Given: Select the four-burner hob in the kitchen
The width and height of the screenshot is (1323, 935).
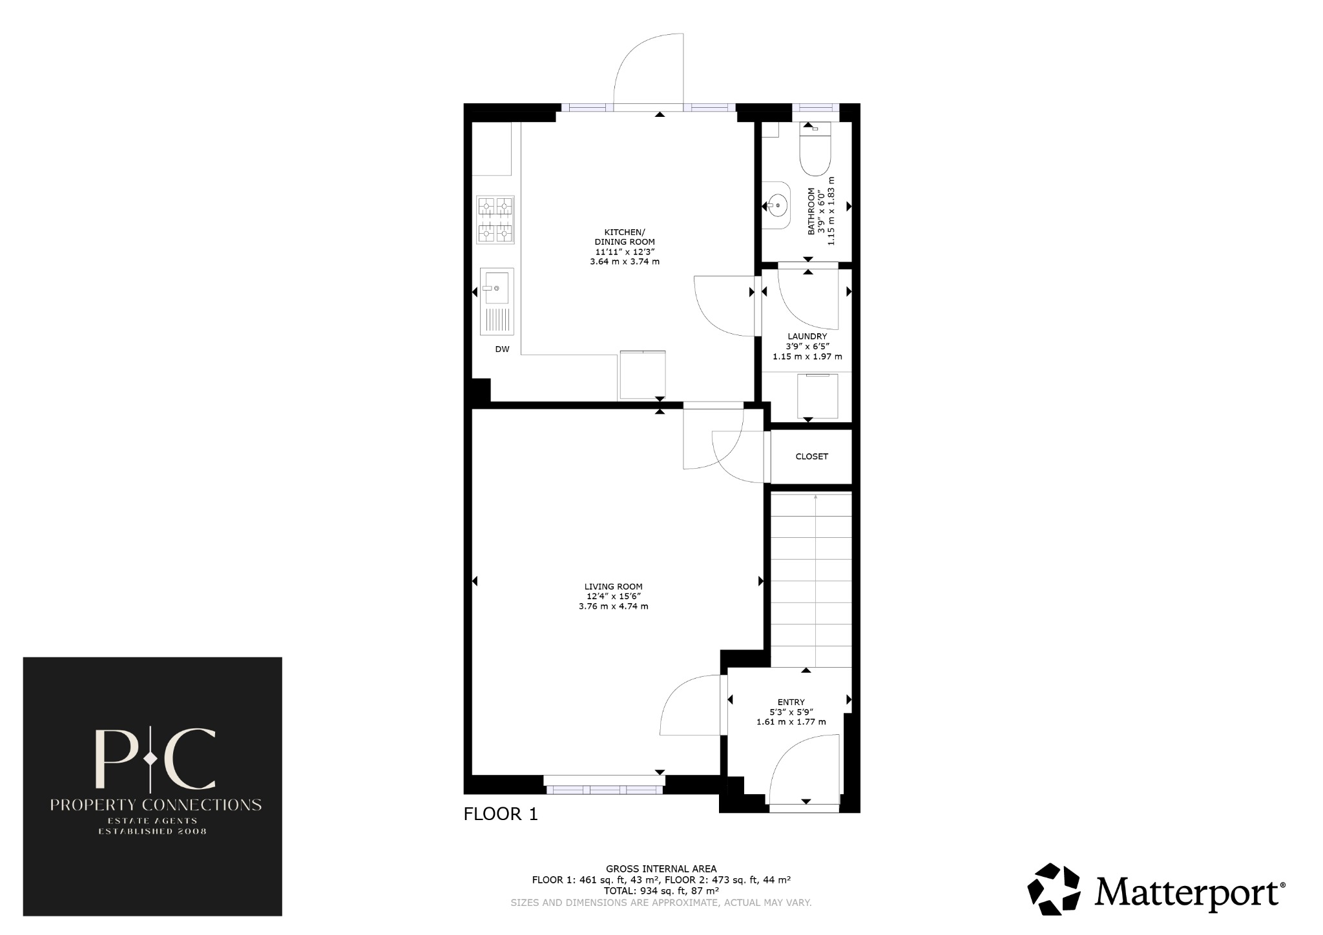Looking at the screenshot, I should [x=495, y=220].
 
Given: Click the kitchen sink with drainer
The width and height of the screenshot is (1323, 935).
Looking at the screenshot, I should [x=497, y=301].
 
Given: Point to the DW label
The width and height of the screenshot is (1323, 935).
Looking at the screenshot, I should [x=502, y=349].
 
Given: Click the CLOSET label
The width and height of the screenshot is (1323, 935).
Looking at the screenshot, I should [x=811, y=457].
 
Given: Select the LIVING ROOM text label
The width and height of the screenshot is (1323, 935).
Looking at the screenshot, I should [x=613, y=586].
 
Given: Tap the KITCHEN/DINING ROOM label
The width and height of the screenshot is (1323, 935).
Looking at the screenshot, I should [x=624, y=237].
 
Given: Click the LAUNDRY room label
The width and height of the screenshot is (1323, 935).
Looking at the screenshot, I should [x=807, y=336].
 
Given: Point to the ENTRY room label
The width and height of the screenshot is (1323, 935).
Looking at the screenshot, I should [x=791, y=703].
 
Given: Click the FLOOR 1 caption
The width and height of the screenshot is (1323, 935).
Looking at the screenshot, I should [x=501, y=814].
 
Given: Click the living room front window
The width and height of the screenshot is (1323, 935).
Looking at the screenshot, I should [x=605, y=789].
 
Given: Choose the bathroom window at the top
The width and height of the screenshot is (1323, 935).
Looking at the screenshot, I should [x=815, y=108].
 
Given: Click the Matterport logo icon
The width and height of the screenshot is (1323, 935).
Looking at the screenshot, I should [x=1054, y=889].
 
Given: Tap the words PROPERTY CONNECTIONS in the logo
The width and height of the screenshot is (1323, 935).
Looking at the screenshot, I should [x=156, y=805].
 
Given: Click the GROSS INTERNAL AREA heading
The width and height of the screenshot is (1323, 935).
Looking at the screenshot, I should [x=661, y=868].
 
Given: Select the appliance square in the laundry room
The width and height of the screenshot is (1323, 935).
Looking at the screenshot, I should [x=817, y=396].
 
